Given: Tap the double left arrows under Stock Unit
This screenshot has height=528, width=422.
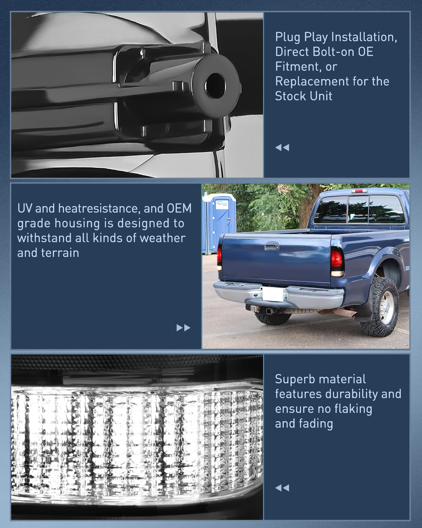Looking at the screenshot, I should pyautogui.click(x=282, y=147).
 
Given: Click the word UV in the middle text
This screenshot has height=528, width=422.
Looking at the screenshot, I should pyautogui.click(x=25, y=208).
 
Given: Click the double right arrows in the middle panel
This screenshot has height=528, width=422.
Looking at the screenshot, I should pyautogui.click(x=183, y=328).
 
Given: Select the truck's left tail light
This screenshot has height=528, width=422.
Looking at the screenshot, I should pyautogui.click(x=220, y=257).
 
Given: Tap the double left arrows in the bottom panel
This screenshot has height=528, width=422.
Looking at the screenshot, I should pyautogui.click(x=282, y=488).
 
